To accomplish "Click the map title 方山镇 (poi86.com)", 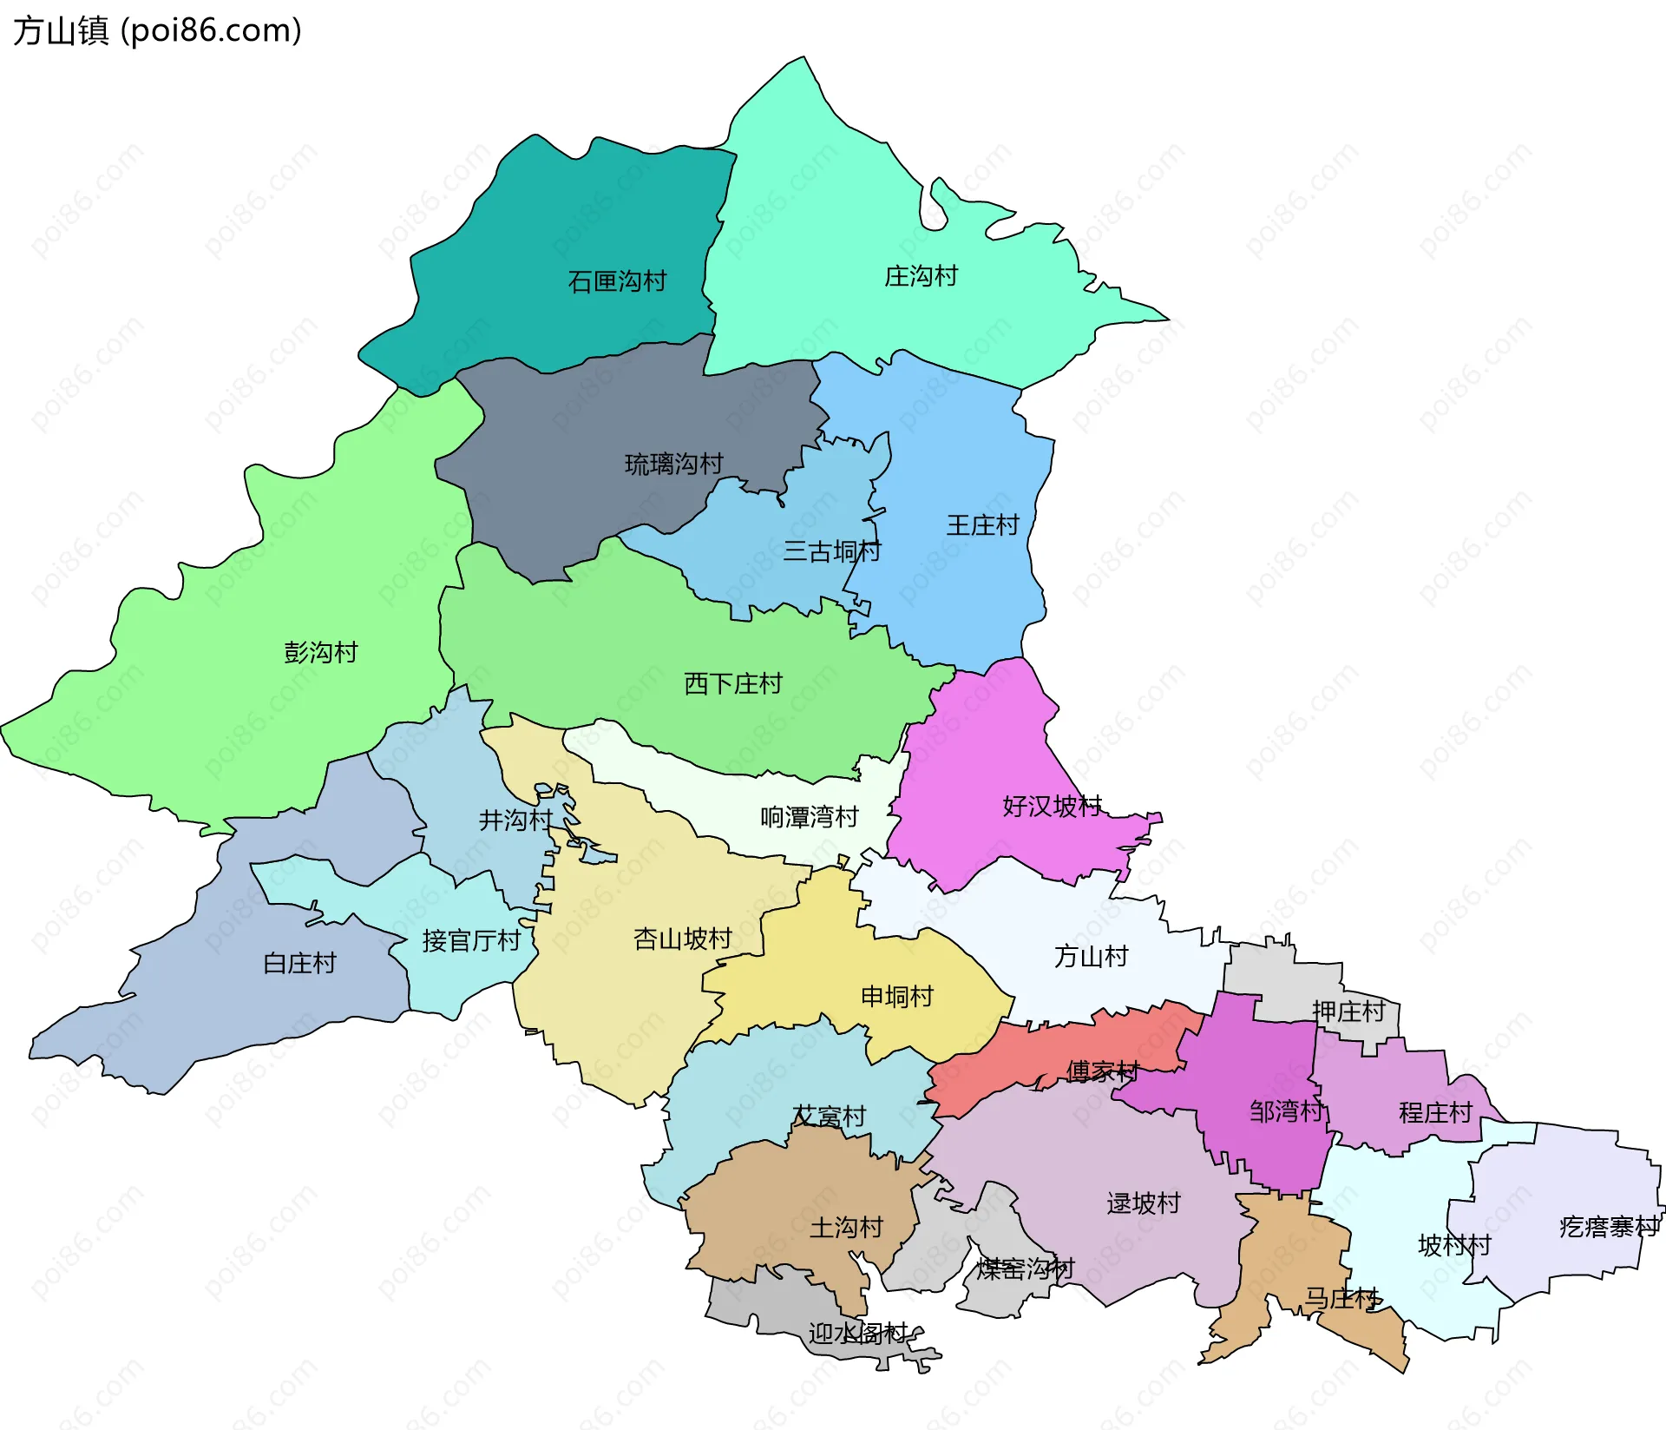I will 157,30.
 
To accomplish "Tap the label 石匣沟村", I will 617,281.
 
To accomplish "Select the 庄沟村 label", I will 921,276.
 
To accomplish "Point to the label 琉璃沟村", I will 673,464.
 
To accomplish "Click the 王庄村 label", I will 982,525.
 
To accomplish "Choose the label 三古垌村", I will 831,551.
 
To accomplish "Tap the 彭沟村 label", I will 320,652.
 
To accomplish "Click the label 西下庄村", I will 732,684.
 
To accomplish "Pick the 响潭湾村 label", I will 809,817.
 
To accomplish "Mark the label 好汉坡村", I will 1052,806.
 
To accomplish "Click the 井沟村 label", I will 515,820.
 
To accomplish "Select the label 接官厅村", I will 471,940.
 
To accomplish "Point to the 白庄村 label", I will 298,963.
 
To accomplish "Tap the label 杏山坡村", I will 683,939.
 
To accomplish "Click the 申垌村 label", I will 896,996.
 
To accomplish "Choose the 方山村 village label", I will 1091,957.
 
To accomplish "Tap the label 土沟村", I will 846,1227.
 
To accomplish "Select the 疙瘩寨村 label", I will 1609,1227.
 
